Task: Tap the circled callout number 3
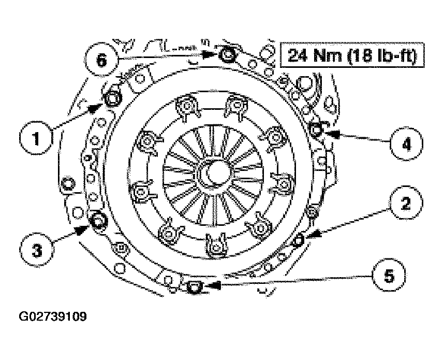tap(37, 251)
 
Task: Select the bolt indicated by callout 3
tap(98, 221)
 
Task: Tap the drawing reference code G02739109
tap(53, 316)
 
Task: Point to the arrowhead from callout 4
tap(329, 133)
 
